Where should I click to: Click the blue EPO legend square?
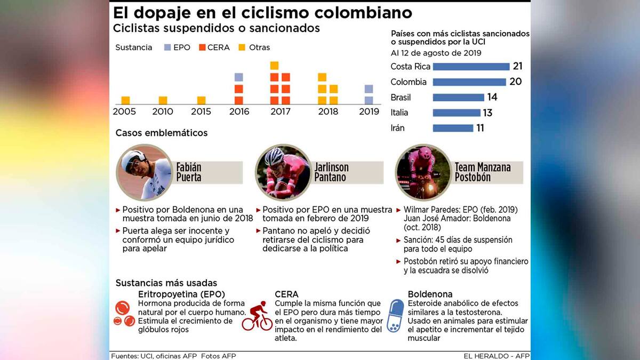point(167,47)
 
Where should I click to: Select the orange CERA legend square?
point(202,47)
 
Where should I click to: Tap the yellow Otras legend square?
point(242,47)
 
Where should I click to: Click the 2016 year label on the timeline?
point(238,111)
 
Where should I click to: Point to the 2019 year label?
point(369,111)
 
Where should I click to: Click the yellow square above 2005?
point(126,100)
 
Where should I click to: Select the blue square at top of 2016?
point(238,77)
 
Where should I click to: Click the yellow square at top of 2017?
point(274,66)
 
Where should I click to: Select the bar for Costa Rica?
point(471,67)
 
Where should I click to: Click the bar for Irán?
point(453,128)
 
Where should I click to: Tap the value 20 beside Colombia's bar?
point(515,82)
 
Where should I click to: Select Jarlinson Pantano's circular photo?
point(283,172)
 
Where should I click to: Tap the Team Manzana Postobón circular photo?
point(423,172)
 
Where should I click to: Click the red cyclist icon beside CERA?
point(258,316)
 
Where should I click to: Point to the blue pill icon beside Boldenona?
point(395,316)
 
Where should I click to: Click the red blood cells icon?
point(124,314)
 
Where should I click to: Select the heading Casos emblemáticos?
point(162,133)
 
